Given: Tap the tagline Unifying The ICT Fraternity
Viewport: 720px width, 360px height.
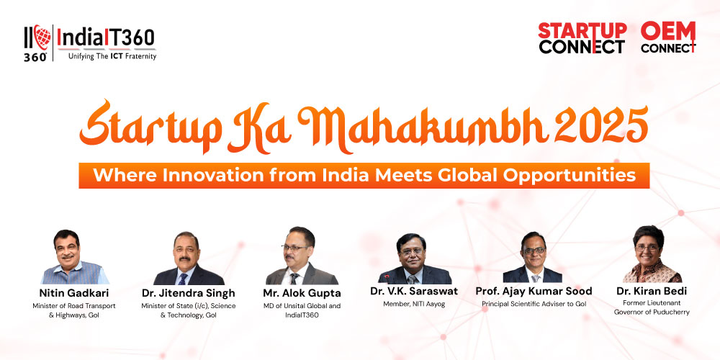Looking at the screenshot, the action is click(x=112, y=56).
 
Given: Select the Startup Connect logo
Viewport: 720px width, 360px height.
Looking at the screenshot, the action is click(x=582, y=37).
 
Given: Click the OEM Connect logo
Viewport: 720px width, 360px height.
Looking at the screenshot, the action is click(x=668, y=37).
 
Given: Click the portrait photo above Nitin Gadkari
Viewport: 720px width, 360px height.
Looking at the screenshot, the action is click(x=74, y=257).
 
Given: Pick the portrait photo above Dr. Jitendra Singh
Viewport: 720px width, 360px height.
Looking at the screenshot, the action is click(x=189, y=258).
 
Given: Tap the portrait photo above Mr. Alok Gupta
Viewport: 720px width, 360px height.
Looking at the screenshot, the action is click(x=302, y=256).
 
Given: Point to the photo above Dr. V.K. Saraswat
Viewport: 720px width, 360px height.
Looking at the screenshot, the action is click(x=414, y=258).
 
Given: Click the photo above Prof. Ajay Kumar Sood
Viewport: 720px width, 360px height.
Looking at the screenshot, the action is click(x=533, y=257).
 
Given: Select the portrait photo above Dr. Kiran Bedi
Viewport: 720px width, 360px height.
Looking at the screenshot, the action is click(x=652, y=254).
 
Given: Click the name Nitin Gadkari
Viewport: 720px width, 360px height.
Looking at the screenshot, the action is click(x=74, y=293).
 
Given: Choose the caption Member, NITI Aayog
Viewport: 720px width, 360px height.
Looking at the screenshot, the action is click(x=414, y=304).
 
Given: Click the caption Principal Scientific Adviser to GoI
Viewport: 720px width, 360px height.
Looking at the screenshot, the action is click(x=534, y=304).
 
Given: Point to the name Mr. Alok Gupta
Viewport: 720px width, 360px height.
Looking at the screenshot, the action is click(x=302, y=293).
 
